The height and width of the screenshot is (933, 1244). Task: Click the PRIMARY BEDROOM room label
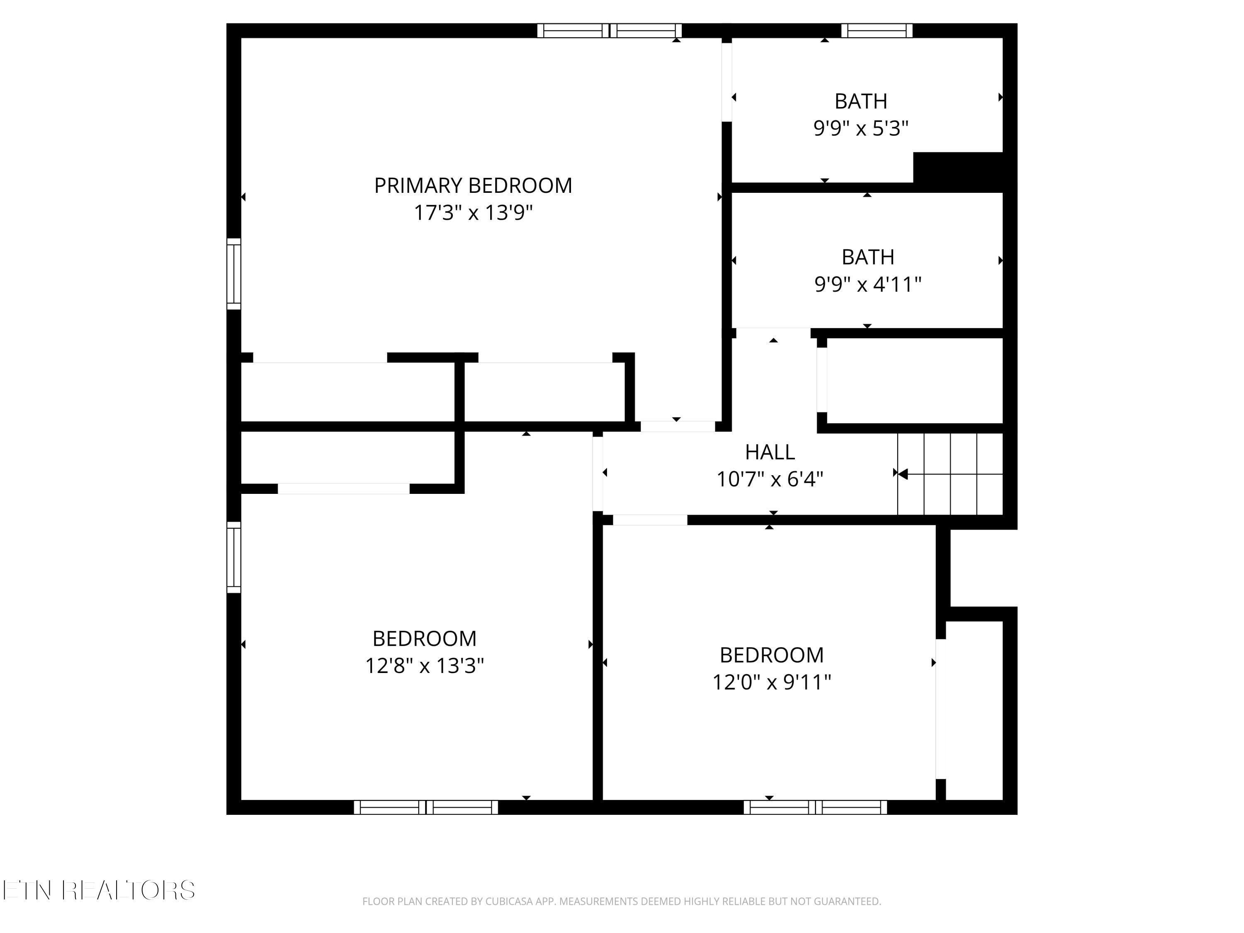click(473, 186)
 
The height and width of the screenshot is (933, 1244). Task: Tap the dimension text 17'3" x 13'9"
click(473, 213)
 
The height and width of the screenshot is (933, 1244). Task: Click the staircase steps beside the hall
click(950, 474)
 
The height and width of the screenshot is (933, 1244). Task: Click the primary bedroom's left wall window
click(233, 274)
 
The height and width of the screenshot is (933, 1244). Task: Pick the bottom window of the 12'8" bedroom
click(426, 807)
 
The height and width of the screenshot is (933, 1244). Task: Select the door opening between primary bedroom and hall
click(677, 426)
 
